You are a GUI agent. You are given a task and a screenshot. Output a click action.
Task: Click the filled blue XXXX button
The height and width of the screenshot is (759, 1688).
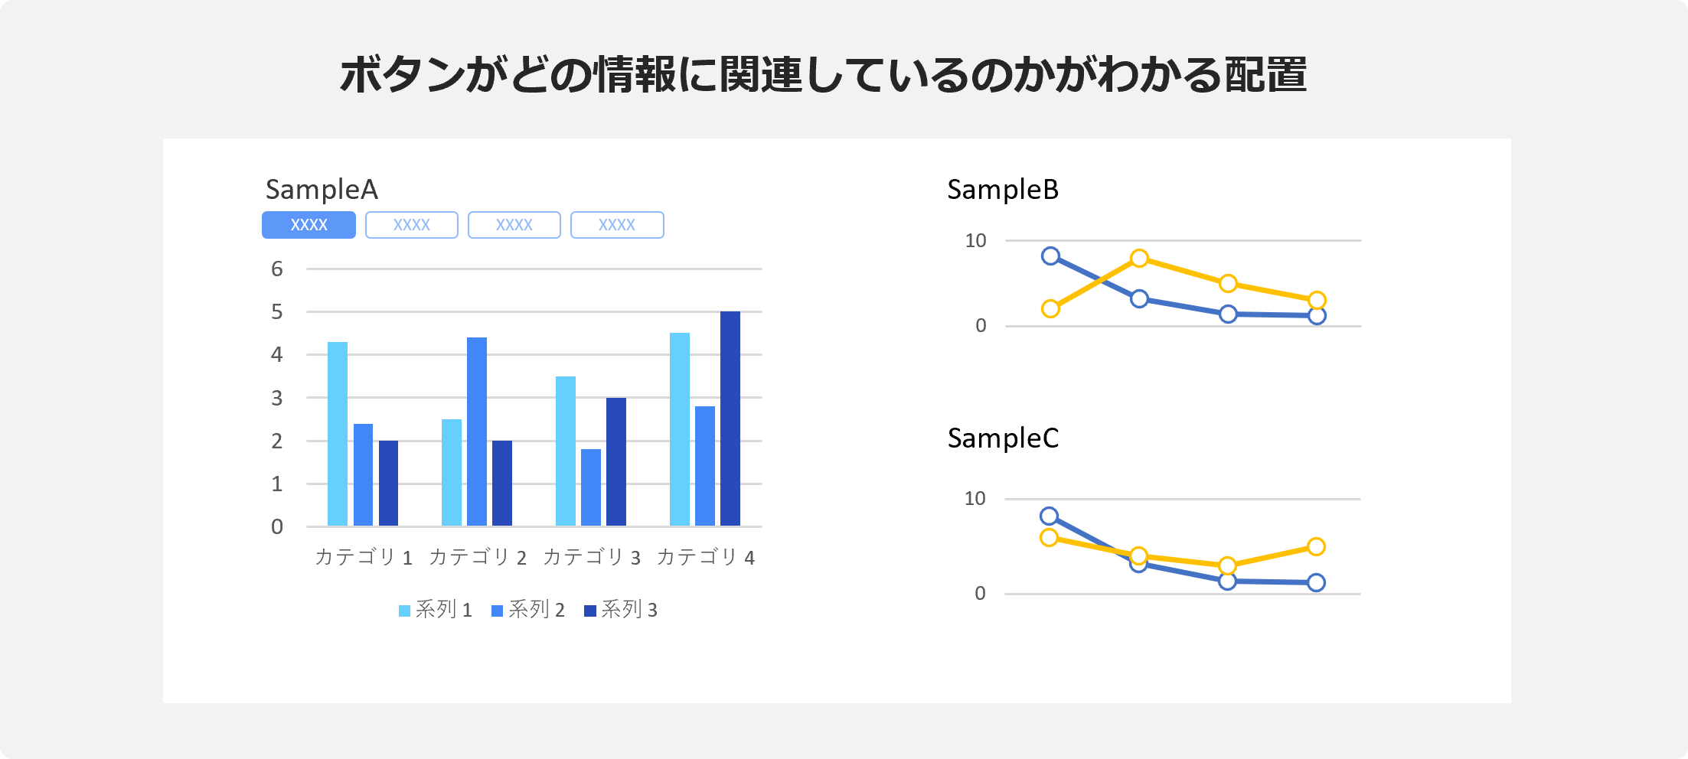click(x=309, y=225)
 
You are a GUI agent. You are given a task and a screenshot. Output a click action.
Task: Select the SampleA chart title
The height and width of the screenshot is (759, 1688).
click(x=322, y=190)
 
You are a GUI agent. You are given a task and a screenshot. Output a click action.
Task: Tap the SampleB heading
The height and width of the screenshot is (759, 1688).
click(x=1003, y=190)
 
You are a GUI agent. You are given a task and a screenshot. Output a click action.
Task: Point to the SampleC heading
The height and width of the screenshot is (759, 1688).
click(x=1003, y=438)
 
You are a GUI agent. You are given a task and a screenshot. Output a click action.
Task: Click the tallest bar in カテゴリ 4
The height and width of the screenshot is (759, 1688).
click(x=730, y=419)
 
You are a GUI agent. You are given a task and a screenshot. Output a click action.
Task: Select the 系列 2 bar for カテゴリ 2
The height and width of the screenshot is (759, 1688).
click(x=476, y=432)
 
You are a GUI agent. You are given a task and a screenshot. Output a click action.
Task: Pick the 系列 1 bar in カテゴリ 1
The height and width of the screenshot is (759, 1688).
click(x=337, y=434)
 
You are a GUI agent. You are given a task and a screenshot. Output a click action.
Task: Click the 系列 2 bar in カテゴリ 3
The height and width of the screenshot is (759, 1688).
click(x=590, y=487)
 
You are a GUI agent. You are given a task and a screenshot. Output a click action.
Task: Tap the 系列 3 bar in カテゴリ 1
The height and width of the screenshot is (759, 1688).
click(x=388, y=483)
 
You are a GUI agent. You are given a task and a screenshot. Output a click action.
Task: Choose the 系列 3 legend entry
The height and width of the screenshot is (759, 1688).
click(x=621, y=610)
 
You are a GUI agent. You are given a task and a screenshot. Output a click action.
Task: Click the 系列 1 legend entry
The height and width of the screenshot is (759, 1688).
click(x=436, y=610)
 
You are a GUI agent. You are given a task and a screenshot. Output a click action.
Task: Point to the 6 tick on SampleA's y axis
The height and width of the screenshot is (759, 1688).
click(x=277, y=269)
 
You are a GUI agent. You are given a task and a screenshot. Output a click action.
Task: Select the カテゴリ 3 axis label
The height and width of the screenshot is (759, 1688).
click(x=591, y=557)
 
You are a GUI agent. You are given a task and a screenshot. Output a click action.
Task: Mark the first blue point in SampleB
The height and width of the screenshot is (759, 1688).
click(x=1051, y=256)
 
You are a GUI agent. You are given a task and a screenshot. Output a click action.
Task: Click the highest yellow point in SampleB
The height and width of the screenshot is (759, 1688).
click(x=1139, y=259)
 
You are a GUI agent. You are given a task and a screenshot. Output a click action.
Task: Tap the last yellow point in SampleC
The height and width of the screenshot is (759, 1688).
click(x=1316, y=546)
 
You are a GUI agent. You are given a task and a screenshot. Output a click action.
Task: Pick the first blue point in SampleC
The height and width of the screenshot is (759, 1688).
click(x=1050, y=516)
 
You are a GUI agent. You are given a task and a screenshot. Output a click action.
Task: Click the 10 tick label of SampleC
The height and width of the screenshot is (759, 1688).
click(x=975, y=499)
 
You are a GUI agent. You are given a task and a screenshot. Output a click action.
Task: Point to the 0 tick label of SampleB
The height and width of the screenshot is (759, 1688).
click(x=981, y=326)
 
